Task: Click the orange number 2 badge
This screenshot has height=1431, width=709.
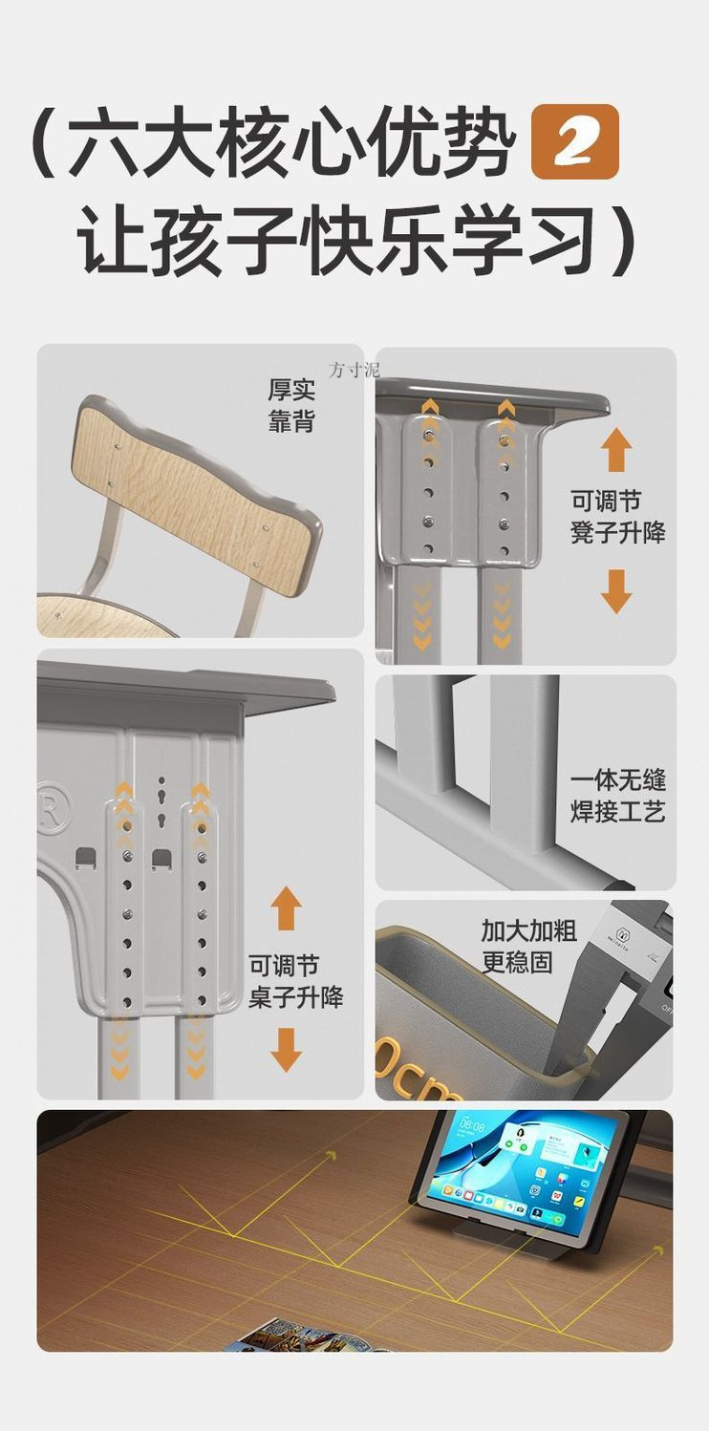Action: pos(574,142)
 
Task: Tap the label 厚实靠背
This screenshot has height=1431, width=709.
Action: pos(291,406)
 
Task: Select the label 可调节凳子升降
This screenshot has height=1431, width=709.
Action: pos(617,517)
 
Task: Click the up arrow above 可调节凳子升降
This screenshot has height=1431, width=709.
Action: pos(616,450)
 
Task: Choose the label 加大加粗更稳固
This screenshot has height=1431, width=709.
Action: pos(528,946)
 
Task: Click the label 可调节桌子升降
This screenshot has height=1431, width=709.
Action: pos(295,982)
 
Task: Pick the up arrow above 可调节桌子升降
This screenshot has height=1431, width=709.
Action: pos(286,908)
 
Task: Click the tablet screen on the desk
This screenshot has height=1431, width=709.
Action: pos(521,1170)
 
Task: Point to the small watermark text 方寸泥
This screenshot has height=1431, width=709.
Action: pos(353,370)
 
